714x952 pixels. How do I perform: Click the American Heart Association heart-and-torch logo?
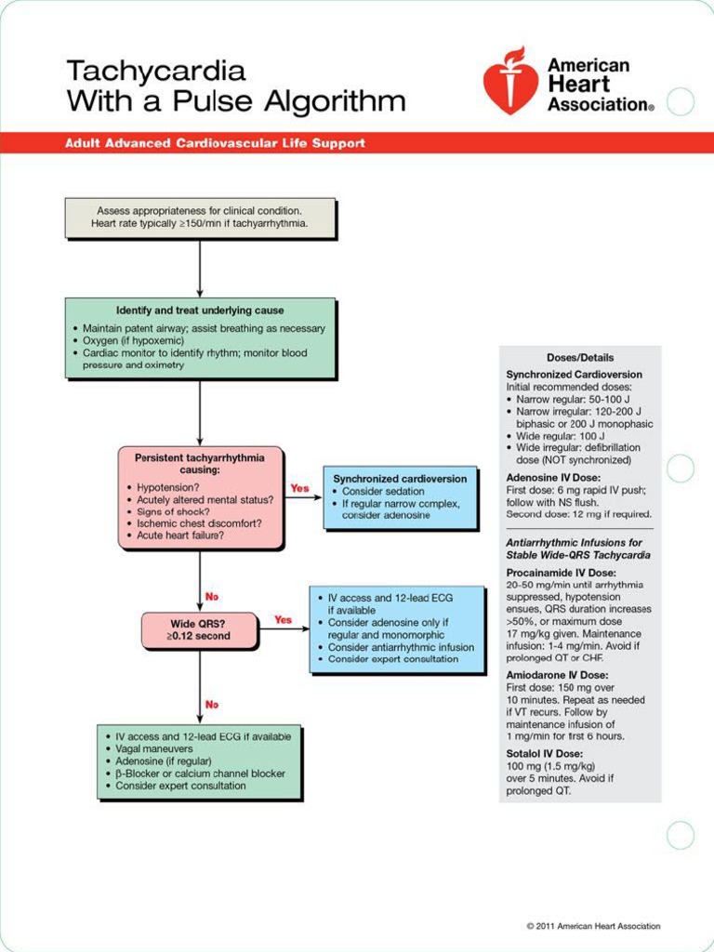510,82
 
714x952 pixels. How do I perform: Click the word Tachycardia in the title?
155,71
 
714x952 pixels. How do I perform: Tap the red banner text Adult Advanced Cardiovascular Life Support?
215,143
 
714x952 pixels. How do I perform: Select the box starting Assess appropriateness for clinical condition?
199,218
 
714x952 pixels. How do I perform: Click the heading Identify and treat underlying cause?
200,311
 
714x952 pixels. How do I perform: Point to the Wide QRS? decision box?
198,630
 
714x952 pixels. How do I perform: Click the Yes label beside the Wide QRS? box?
283,619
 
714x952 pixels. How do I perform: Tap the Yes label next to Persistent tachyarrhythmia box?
299,488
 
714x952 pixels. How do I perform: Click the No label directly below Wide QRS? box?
212,705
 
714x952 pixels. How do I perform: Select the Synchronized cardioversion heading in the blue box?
400,479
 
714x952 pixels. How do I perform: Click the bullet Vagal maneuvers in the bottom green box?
154,748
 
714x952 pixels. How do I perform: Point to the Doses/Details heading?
580,358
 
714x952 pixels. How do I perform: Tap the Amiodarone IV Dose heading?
557,675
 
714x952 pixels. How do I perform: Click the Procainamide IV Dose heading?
561,573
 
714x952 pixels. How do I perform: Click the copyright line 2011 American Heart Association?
593,926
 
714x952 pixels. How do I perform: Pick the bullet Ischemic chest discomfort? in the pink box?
199,523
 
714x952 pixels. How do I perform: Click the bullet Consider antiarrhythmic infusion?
401,647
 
